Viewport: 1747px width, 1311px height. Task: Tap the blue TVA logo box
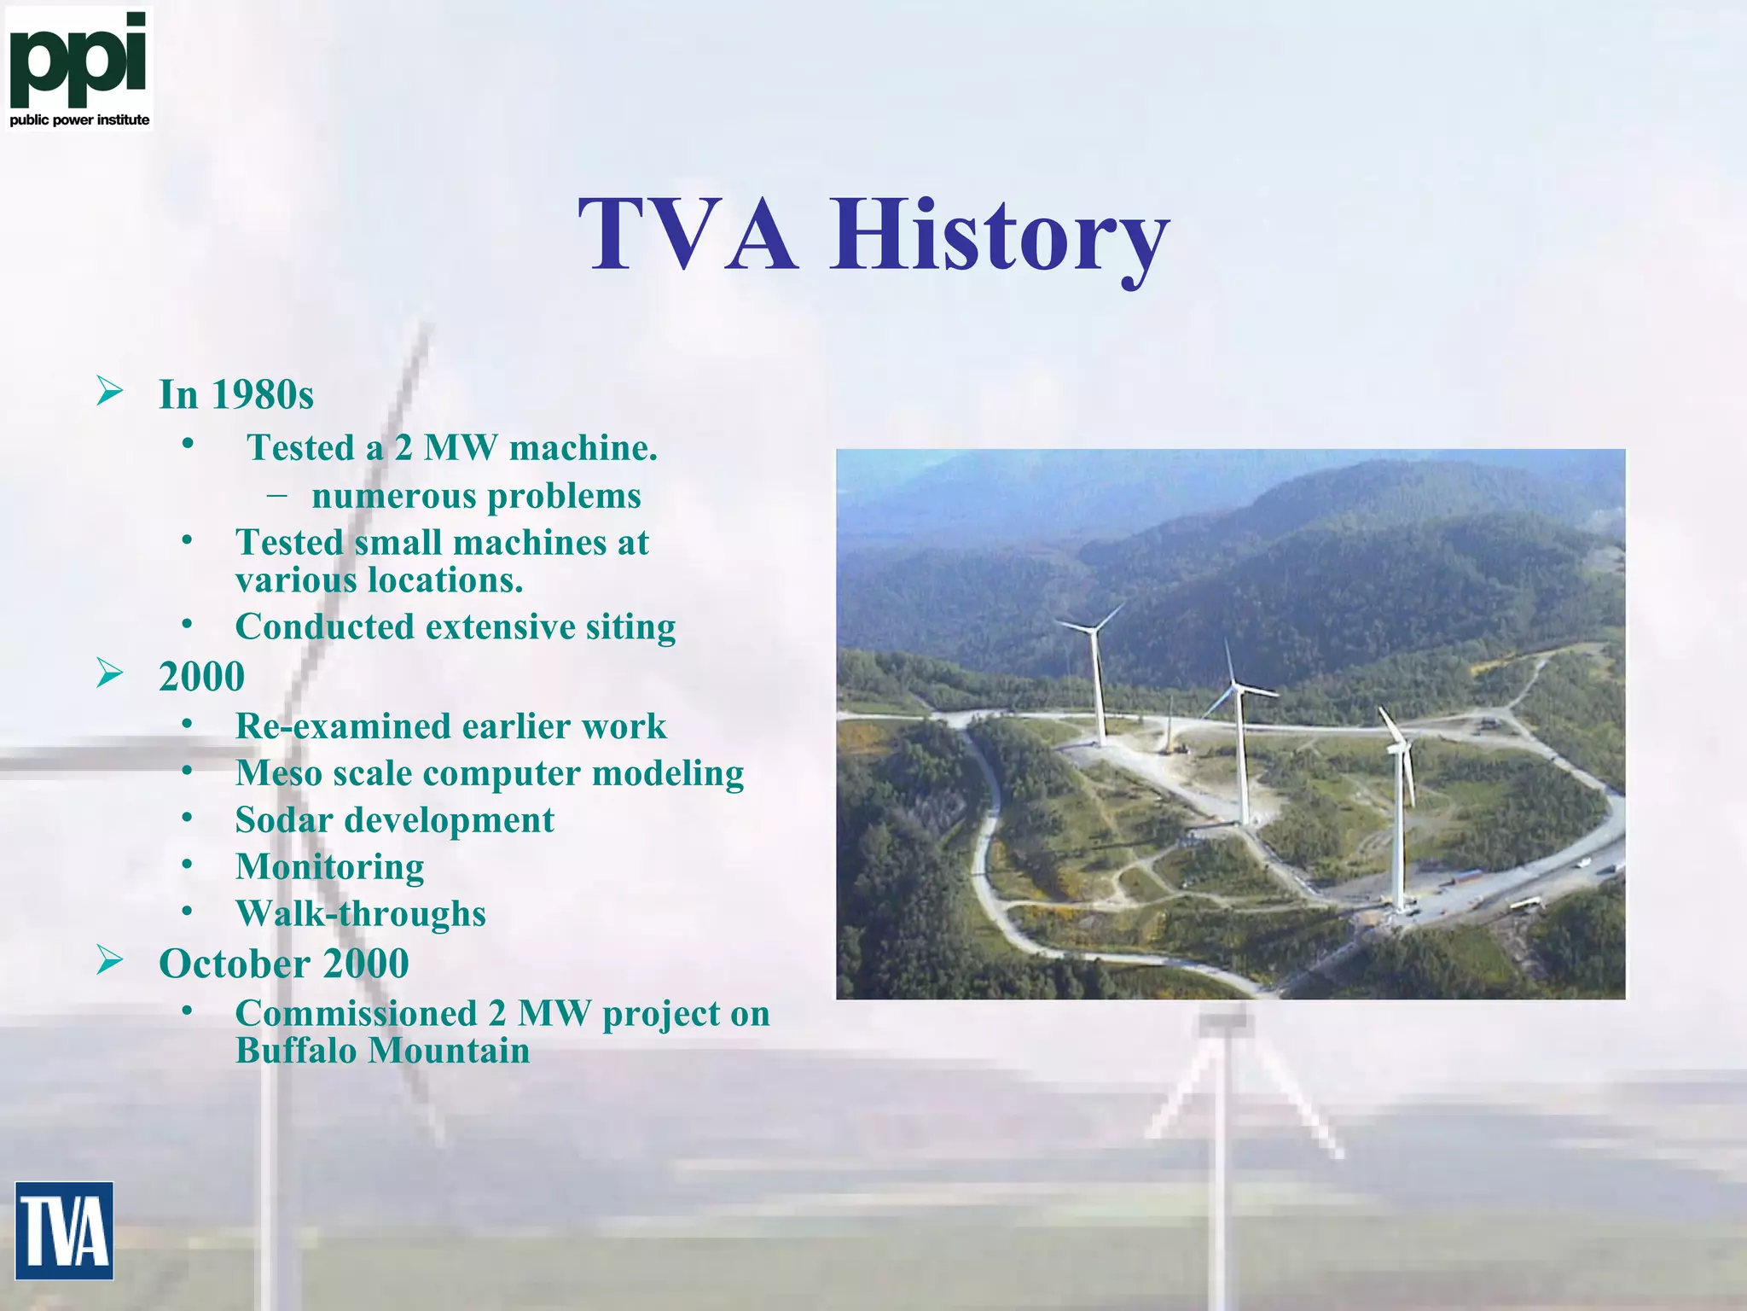tap(64, 1230)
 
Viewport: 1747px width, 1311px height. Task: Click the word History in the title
tap(1000, 235)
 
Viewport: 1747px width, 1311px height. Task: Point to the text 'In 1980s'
tap(236, 394)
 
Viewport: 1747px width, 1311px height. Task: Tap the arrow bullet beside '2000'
tap(110, 673)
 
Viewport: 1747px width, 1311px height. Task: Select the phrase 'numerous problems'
tap(476, 496)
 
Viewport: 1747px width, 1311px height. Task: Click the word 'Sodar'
tap(284, 820)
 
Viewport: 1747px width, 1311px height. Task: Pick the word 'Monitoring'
tap(330, 867)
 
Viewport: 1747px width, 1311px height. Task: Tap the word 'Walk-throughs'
tap(361, 914)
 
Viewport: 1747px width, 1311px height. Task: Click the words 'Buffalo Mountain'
tap(382, 1051)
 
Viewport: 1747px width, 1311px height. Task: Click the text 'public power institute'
tap(79, 120)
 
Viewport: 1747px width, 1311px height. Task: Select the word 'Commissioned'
tap(356, 1014)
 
